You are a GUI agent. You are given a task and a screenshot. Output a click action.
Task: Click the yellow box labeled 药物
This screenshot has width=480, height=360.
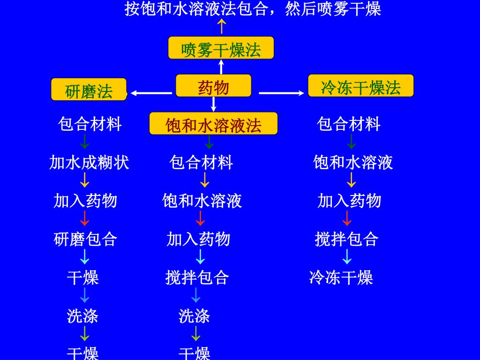(213, 86)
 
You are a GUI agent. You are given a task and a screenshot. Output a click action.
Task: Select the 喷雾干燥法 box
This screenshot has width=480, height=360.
(221, 48)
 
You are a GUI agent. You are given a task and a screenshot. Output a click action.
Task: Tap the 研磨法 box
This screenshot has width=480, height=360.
(89, 90)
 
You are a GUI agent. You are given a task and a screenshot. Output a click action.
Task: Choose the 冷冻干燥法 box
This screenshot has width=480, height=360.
(360, 86)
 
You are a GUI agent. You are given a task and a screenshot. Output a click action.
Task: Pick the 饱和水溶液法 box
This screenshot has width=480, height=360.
(213, 124)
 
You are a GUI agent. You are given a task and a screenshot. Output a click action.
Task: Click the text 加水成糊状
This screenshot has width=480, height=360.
(89, 163)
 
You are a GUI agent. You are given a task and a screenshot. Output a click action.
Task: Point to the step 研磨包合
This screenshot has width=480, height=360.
(85, 240)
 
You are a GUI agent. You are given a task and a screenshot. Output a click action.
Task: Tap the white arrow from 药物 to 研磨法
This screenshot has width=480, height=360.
(151, 93)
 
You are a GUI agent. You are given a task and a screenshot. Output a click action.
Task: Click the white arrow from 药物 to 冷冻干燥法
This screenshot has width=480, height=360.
(282, 93)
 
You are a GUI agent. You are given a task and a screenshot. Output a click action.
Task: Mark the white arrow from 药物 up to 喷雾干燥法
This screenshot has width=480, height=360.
(221, 67)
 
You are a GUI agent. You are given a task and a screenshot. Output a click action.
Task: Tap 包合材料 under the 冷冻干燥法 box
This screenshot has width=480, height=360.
(349, 124)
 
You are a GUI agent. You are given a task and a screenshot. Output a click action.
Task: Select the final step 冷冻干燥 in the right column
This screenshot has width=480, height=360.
(341, 277)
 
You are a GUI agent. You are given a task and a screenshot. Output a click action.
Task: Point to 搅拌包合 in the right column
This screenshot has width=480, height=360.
(346, 240)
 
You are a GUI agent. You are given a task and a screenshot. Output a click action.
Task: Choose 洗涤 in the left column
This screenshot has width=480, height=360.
(82, 316)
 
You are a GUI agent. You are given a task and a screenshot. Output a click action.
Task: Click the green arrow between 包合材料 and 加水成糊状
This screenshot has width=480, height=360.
(85, 142)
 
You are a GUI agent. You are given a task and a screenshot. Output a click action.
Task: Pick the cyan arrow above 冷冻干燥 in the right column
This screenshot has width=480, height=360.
(347, 257)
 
